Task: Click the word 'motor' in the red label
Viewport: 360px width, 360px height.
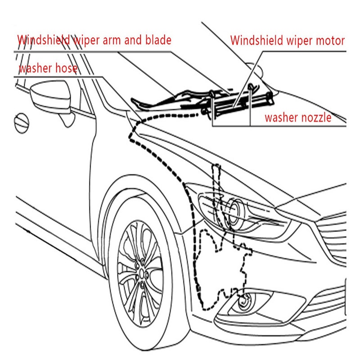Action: [x=330, y=40]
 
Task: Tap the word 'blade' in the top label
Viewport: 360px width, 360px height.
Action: [x=158, y=40]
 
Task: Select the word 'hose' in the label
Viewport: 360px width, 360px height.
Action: [x=66, y=68]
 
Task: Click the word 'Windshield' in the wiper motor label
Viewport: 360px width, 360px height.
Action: [x=256, y=40]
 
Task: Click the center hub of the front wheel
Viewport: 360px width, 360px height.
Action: [x=142, y=274]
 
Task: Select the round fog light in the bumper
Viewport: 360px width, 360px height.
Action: [x=244, y=301]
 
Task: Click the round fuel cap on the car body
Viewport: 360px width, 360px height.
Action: [x=22, y=123]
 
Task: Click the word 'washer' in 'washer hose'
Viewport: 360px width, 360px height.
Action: [x=35, y=68]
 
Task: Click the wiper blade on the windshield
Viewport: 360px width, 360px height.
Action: [x=161, y=100]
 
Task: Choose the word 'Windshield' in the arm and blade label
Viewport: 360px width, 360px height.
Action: [x=44, y=40]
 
